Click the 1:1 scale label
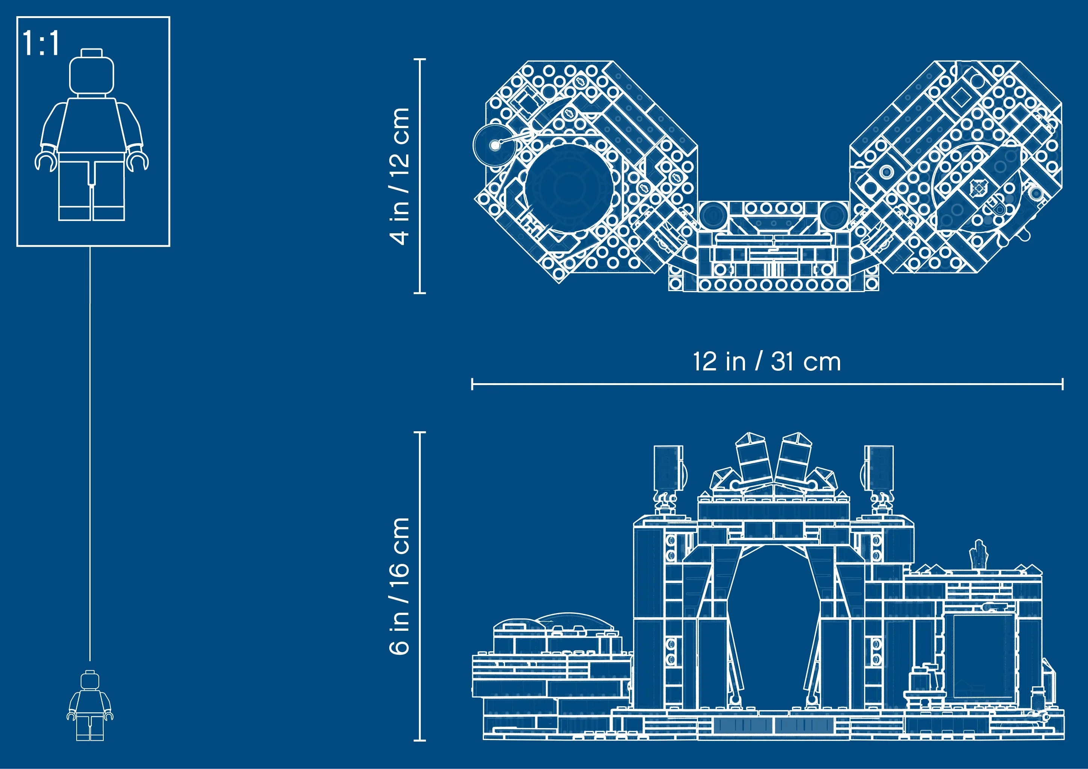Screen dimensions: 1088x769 tap(41, 43)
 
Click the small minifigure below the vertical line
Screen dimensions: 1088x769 tap(90, 705)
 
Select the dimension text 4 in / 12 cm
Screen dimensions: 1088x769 tap(399, 176)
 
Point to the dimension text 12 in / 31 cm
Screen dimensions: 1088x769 tap(767, 362)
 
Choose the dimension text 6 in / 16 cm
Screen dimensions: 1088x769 tap(399, 586)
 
